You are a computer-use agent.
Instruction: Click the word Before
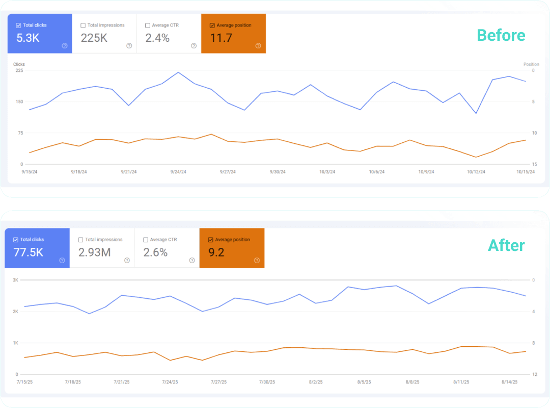(501, 35)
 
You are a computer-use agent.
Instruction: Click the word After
(506, 245)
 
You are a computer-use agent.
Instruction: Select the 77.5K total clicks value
(28, 252)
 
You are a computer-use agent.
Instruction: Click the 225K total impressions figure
(94, 38)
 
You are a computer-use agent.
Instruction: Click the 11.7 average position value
(221, 38)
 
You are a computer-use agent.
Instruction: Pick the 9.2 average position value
(216, 252)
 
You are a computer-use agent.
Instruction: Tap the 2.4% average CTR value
(157, 38)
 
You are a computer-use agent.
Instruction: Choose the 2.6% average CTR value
(155, 252)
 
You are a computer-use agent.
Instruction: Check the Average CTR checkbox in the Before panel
(148, 25)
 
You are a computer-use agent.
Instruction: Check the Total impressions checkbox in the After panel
(81, 240)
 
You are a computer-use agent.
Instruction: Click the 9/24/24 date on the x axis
(178, 172)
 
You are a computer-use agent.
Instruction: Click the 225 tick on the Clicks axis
(19, 70)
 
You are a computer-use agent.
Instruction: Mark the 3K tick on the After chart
(15, 280)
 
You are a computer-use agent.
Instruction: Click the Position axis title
(531, 64)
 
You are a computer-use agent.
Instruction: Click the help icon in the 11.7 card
(258, 46)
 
